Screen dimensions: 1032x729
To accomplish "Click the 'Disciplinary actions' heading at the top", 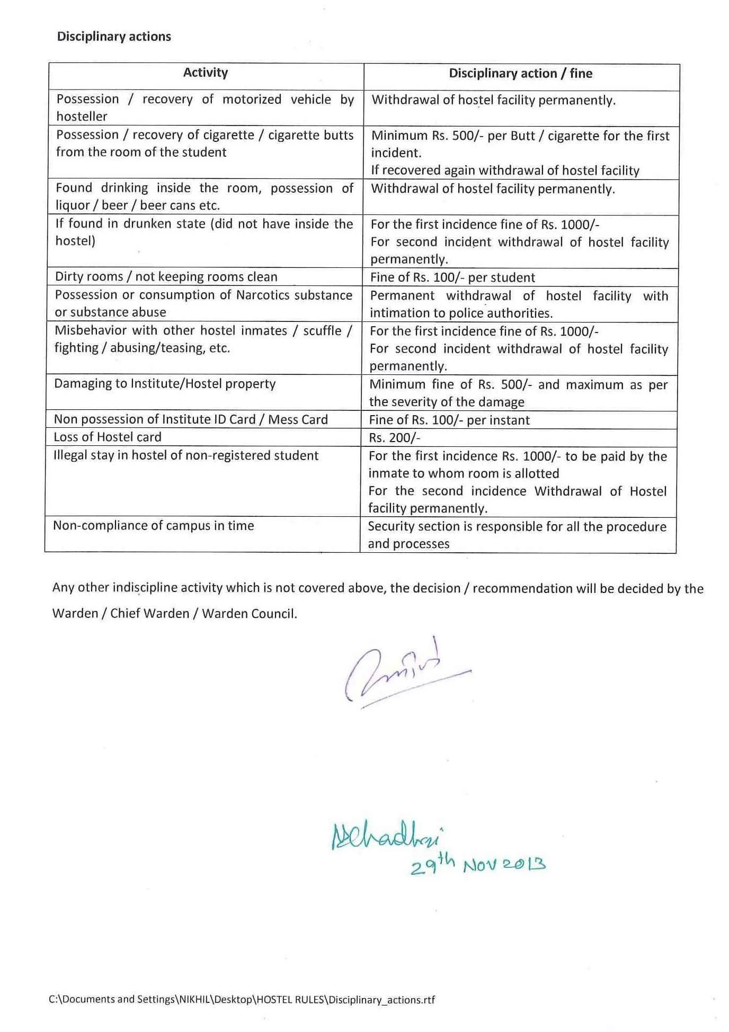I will (114, 37).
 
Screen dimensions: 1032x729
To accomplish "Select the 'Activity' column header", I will (206, 73).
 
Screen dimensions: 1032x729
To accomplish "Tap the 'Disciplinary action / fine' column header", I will (520, 74).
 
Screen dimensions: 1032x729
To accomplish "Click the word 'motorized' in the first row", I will (252, 100).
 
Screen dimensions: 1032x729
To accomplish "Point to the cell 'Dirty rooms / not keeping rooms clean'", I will (166, 277).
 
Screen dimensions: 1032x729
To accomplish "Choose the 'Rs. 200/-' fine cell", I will (395, 438).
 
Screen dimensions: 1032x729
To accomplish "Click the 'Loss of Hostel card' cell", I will (108, 437).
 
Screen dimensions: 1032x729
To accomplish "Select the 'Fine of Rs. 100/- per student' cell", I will (452, 277).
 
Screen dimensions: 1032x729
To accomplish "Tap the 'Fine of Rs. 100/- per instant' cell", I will (449, 420).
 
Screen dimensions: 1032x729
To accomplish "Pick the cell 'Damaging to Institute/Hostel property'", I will (165, 384).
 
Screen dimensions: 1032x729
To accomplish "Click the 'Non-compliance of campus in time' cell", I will (154, 526).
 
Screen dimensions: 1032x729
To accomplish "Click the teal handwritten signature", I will (387, 837).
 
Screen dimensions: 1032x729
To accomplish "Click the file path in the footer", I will (242, 1000).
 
